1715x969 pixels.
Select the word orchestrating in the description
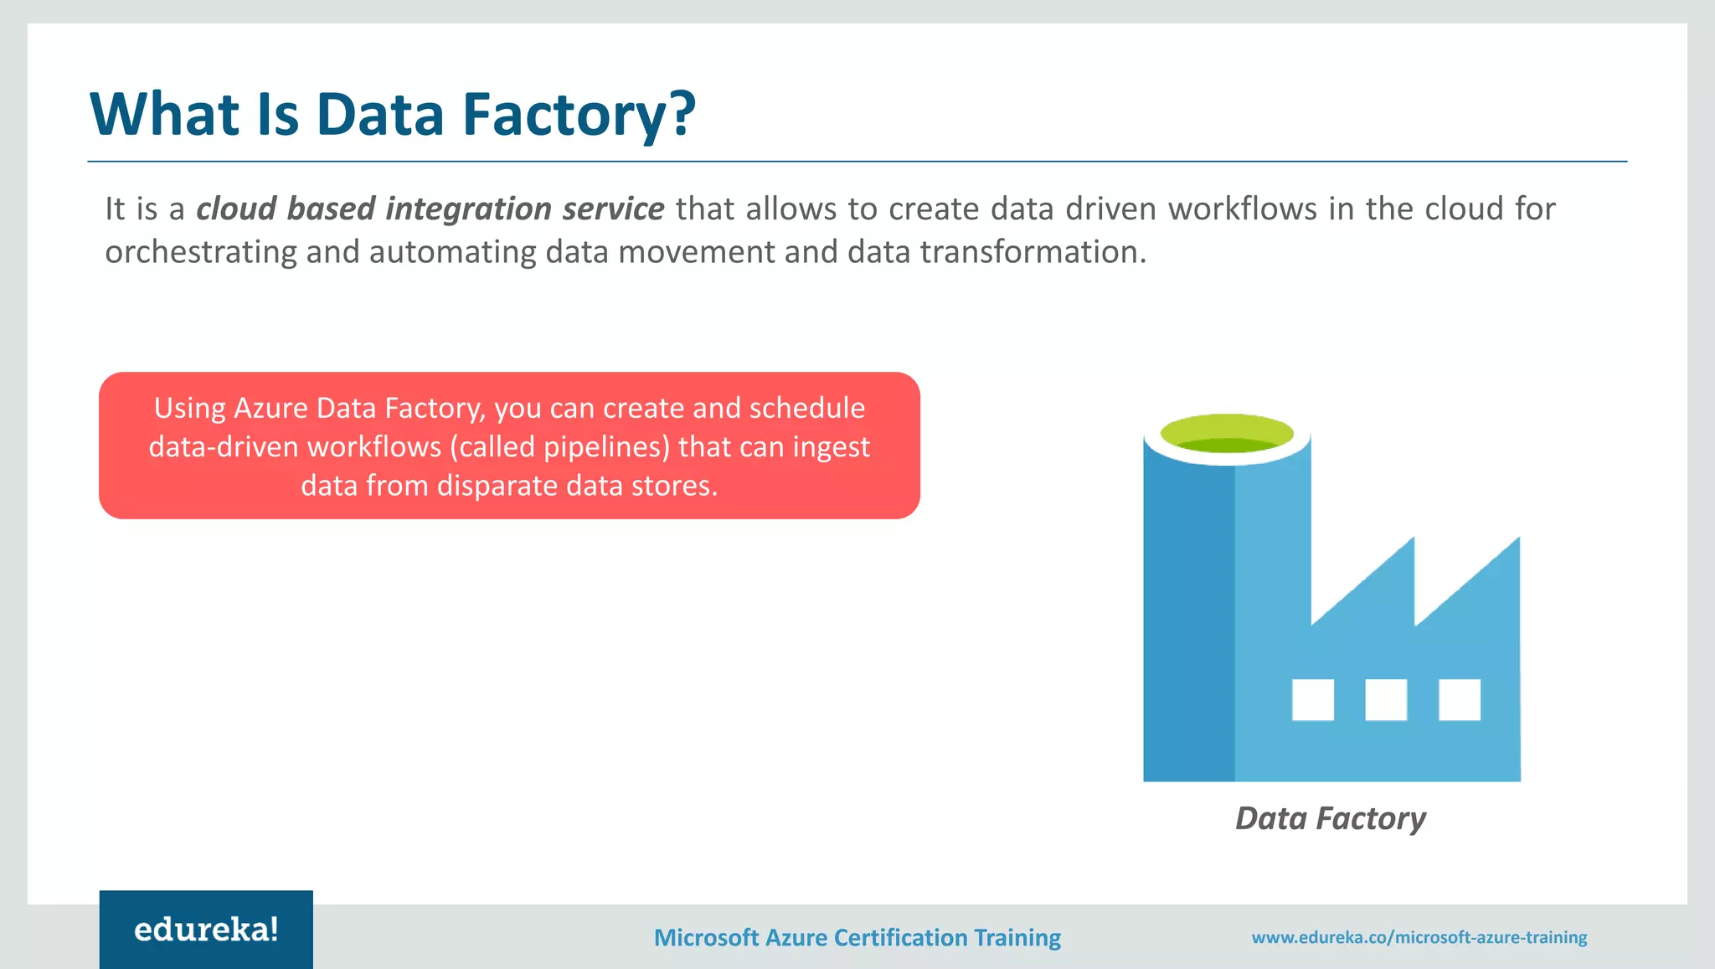200,252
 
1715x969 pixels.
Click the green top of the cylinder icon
1227,432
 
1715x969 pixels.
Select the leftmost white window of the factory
1312,699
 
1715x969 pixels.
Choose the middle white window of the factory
1386,699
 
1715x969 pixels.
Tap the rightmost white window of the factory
1459,699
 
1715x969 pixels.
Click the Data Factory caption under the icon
1330,818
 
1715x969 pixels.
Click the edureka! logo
206,930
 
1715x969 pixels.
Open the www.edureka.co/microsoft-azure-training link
1419,937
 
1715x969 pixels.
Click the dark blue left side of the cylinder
1187,620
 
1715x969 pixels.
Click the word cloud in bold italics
236,209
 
